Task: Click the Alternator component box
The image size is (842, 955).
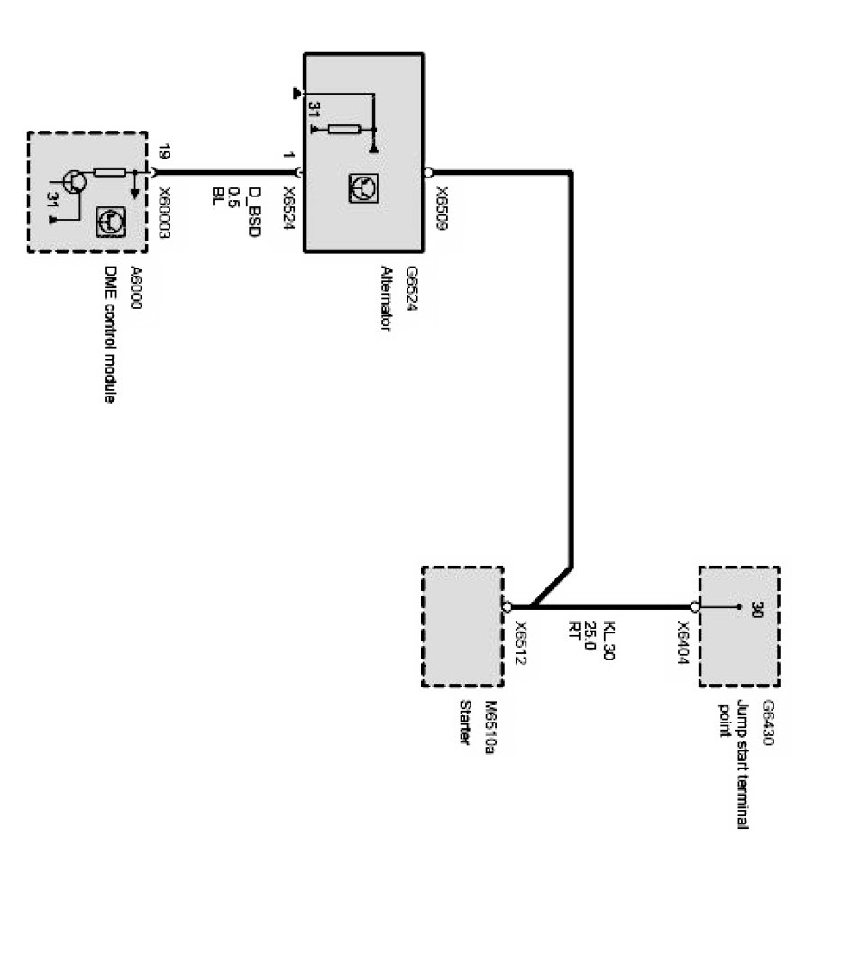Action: tap(363, 152)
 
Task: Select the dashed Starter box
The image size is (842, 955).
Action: tap(462, 626)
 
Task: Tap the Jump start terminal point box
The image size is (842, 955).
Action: tap(739, 626)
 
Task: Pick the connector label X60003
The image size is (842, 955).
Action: tap(165, 213)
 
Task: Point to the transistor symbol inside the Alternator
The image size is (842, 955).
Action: tap(363, 187)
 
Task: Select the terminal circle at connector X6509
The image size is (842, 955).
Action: tap(427, 171)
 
